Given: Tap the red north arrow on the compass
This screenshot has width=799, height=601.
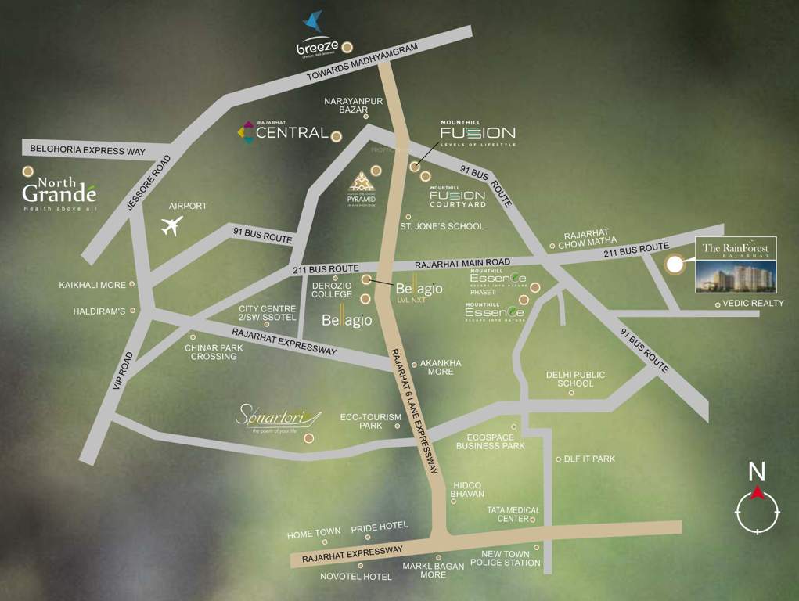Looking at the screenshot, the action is (x=757, y=492).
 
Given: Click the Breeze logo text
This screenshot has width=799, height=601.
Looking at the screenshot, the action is (x=317, y=48).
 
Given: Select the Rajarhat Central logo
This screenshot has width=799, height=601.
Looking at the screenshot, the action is (x=283, y=133).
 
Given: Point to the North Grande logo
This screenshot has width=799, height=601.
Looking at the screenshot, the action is (x=59, y=191).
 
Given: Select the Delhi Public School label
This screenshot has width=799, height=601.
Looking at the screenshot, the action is (x=575, y=380).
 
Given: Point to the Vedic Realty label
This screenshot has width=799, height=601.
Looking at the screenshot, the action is (x=753, y=303).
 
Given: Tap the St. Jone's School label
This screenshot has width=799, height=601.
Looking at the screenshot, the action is (x=441, y=226).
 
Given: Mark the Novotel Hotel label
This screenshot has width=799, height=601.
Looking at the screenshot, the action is (x=355, y=577).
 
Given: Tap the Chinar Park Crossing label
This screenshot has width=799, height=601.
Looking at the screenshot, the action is (x=214, y=352).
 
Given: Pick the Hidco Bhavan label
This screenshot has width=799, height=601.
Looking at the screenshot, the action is (x=467, y=490).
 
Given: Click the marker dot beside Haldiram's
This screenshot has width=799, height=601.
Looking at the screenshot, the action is (x=133, y=311).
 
